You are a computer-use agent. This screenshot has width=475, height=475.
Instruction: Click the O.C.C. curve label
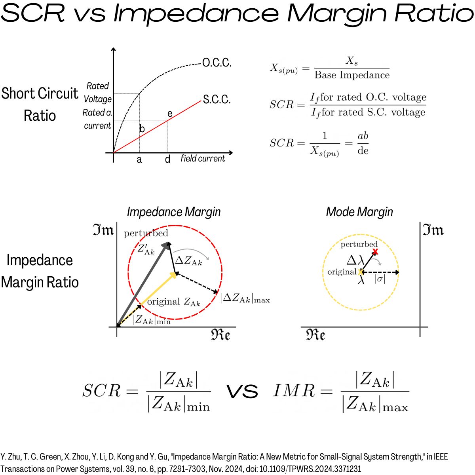click(x=217, y=63)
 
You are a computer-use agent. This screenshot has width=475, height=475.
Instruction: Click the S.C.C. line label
click(x=217, y=99)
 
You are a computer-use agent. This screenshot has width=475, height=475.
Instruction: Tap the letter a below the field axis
click(x=139, y=160)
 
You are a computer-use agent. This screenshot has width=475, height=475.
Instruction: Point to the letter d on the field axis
click(x=167, y=159)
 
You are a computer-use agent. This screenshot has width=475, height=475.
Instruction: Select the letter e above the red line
click(x=170, y=114)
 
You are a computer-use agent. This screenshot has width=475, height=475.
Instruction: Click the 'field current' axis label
click(x=203, y=158)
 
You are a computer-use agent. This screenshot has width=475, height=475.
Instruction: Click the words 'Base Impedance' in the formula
click(x=352, y=75)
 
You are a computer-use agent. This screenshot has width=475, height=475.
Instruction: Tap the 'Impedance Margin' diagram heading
click(x=174, y=212)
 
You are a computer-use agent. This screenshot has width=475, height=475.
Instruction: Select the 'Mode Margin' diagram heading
click(x=359, y=212)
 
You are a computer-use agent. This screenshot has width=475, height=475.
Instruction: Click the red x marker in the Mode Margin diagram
click(x=375, y=252)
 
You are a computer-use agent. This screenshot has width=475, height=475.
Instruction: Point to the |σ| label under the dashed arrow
click(x=380, y=279)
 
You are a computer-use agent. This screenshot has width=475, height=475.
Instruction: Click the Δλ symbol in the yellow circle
click(x=355, y=260)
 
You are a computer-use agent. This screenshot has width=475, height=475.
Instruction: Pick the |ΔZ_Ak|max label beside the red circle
click(x=245, y=298)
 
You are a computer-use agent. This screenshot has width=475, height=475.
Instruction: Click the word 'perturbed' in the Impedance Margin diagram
click(x=146, y=233)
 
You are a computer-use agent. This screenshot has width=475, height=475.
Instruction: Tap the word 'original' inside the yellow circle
click(x=342, y=272)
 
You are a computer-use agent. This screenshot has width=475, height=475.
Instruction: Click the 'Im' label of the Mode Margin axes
click(x=433, y=230)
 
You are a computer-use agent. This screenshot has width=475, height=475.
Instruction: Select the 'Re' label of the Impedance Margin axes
click(x=220, y=335)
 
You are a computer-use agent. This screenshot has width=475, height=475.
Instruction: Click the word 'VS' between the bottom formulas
click(x=242, y=391)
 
